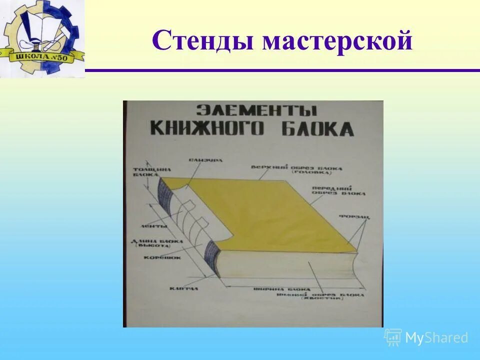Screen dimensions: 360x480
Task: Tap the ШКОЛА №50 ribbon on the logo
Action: point(42,55)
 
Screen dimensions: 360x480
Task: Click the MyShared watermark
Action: point(427,337)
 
